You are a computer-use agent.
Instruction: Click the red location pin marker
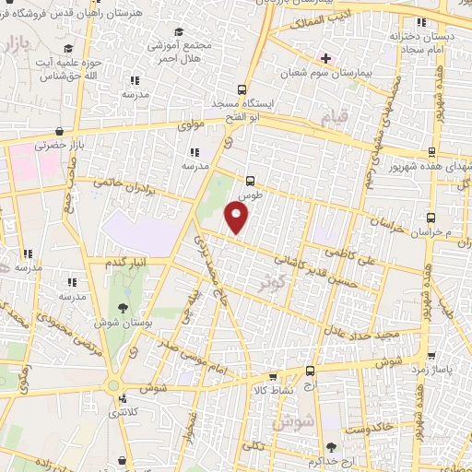(x=237, y=218)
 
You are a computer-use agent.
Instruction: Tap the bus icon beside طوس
(x=251, y=182)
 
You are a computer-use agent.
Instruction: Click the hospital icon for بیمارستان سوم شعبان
(x=325, y=57)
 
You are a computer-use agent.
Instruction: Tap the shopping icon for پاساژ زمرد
(x=431, y=356)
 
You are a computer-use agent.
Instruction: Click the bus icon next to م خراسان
(x=435, y=218)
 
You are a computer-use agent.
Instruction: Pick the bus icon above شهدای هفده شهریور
(x=431, y=153)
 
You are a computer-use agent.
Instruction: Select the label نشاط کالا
(x=272, y=390)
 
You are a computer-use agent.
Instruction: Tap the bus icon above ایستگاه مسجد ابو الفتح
(x=242, y=90)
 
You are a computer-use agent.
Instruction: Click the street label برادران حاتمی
(x=121, y=184)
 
